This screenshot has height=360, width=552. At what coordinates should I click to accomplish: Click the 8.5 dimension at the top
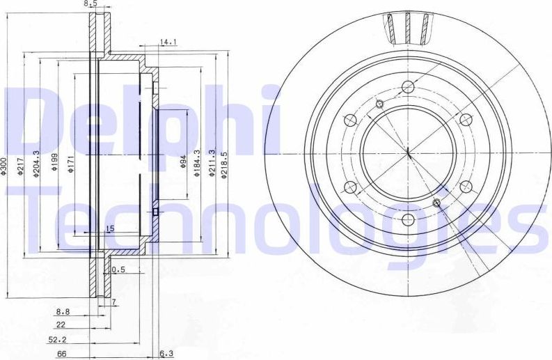tap(90, 3)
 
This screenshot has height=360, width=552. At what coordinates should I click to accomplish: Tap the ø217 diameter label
tap(22, 166)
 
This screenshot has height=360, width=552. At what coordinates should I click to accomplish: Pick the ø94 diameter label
tap(183, 162)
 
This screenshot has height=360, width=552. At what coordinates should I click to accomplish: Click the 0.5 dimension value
tap(118, 269)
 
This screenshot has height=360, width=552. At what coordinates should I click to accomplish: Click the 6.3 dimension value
tap(166, 354)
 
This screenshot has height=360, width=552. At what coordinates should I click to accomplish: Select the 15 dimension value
tap(109, 228)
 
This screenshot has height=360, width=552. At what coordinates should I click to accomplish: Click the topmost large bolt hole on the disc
tap(408, 86)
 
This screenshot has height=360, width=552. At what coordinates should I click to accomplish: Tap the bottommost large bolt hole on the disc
tap(408, 221)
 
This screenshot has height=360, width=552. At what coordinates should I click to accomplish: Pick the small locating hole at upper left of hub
tap(379, 104)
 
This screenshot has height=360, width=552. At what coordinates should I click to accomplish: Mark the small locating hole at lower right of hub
tap(436, 203)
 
